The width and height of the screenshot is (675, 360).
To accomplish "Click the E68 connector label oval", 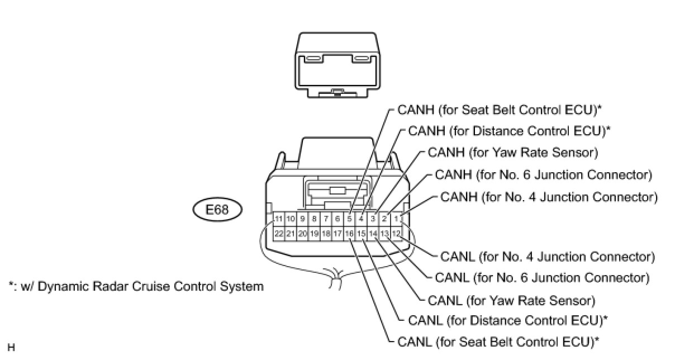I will (218, 210).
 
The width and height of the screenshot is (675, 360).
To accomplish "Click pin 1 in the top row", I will (396, 219).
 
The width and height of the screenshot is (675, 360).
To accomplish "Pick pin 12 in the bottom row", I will (396, 233).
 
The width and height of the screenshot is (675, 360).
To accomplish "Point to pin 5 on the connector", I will (349, 219).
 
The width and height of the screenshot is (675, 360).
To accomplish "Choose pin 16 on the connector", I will (349, 233).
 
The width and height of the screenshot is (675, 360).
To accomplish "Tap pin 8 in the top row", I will (314, 219).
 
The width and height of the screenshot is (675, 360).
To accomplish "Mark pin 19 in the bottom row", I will (314, 233).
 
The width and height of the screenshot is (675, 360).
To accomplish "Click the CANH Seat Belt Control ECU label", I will (500, 110).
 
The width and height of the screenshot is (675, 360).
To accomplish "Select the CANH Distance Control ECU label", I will (509, 131).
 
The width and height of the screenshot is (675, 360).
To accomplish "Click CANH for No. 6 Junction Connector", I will (543, 175).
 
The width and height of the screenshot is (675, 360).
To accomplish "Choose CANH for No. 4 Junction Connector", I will (549, 197).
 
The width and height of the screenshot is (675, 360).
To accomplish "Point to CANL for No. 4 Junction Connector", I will (548, 257).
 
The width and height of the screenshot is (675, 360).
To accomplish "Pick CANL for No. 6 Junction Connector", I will (542, 277).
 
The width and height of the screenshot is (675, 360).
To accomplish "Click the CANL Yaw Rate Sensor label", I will (511, 300).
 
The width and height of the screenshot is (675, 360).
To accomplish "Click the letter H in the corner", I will (11, 348).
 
